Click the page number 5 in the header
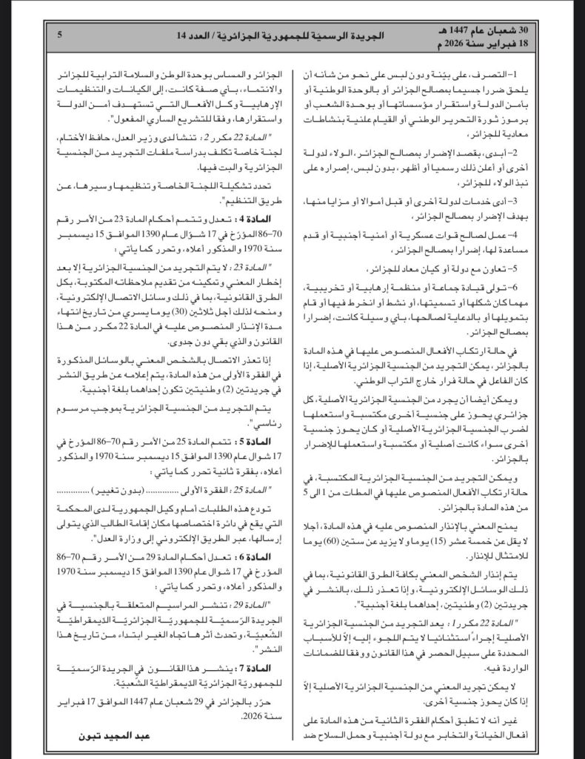click(x=58, y=34)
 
